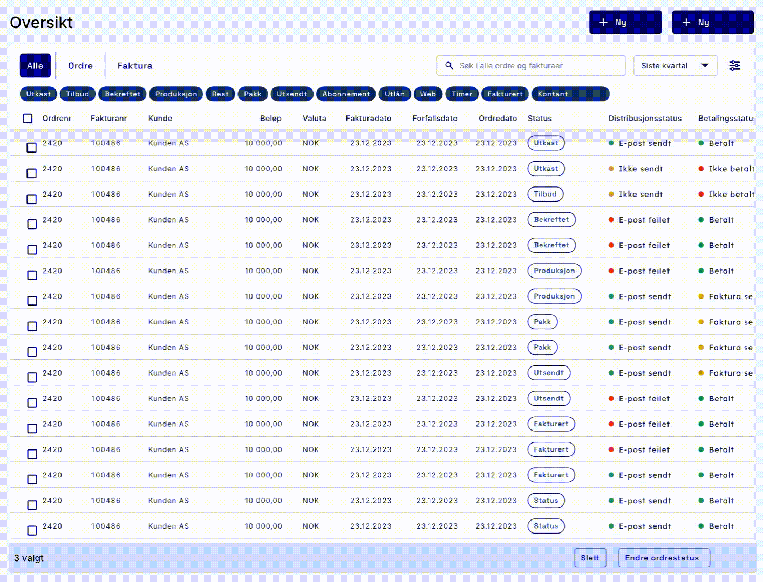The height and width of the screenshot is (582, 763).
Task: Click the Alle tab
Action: point(35,66)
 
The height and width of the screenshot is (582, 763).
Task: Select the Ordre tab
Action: point(80,66)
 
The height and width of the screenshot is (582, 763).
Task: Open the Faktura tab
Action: point(134,66)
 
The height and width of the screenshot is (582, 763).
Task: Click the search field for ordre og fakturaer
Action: point(531,66)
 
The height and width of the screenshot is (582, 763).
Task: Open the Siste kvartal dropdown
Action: point(675,66)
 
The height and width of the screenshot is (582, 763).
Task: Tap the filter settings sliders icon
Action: point(734,66)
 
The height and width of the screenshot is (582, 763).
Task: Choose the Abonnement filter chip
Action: point(346,94)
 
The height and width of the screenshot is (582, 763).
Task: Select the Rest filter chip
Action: point(220,94)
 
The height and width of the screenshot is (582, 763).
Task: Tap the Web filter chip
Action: point(428,94)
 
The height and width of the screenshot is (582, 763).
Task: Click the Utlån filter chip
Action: point(394,94)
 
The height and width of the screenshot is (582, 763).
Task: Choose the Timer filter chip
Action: point(462,94)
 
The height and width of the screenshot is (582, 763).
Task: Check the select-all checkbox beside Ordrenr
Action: point(28,119)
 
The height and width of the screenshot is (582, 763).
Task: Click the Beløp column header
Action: point(270,119)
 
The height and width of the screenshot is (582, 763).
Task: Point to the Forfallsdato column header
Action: point(434,119)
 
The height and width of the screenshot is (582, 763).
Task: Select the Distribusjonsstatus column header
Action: point(645,119)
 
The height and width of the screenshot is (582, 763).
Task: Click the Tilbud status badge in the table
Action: point(545,194)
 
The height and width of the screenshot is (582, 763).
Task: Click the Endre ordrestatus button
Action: point(663,558)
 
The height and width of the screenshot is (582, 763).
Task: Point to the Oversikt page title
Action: point(41,23)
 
